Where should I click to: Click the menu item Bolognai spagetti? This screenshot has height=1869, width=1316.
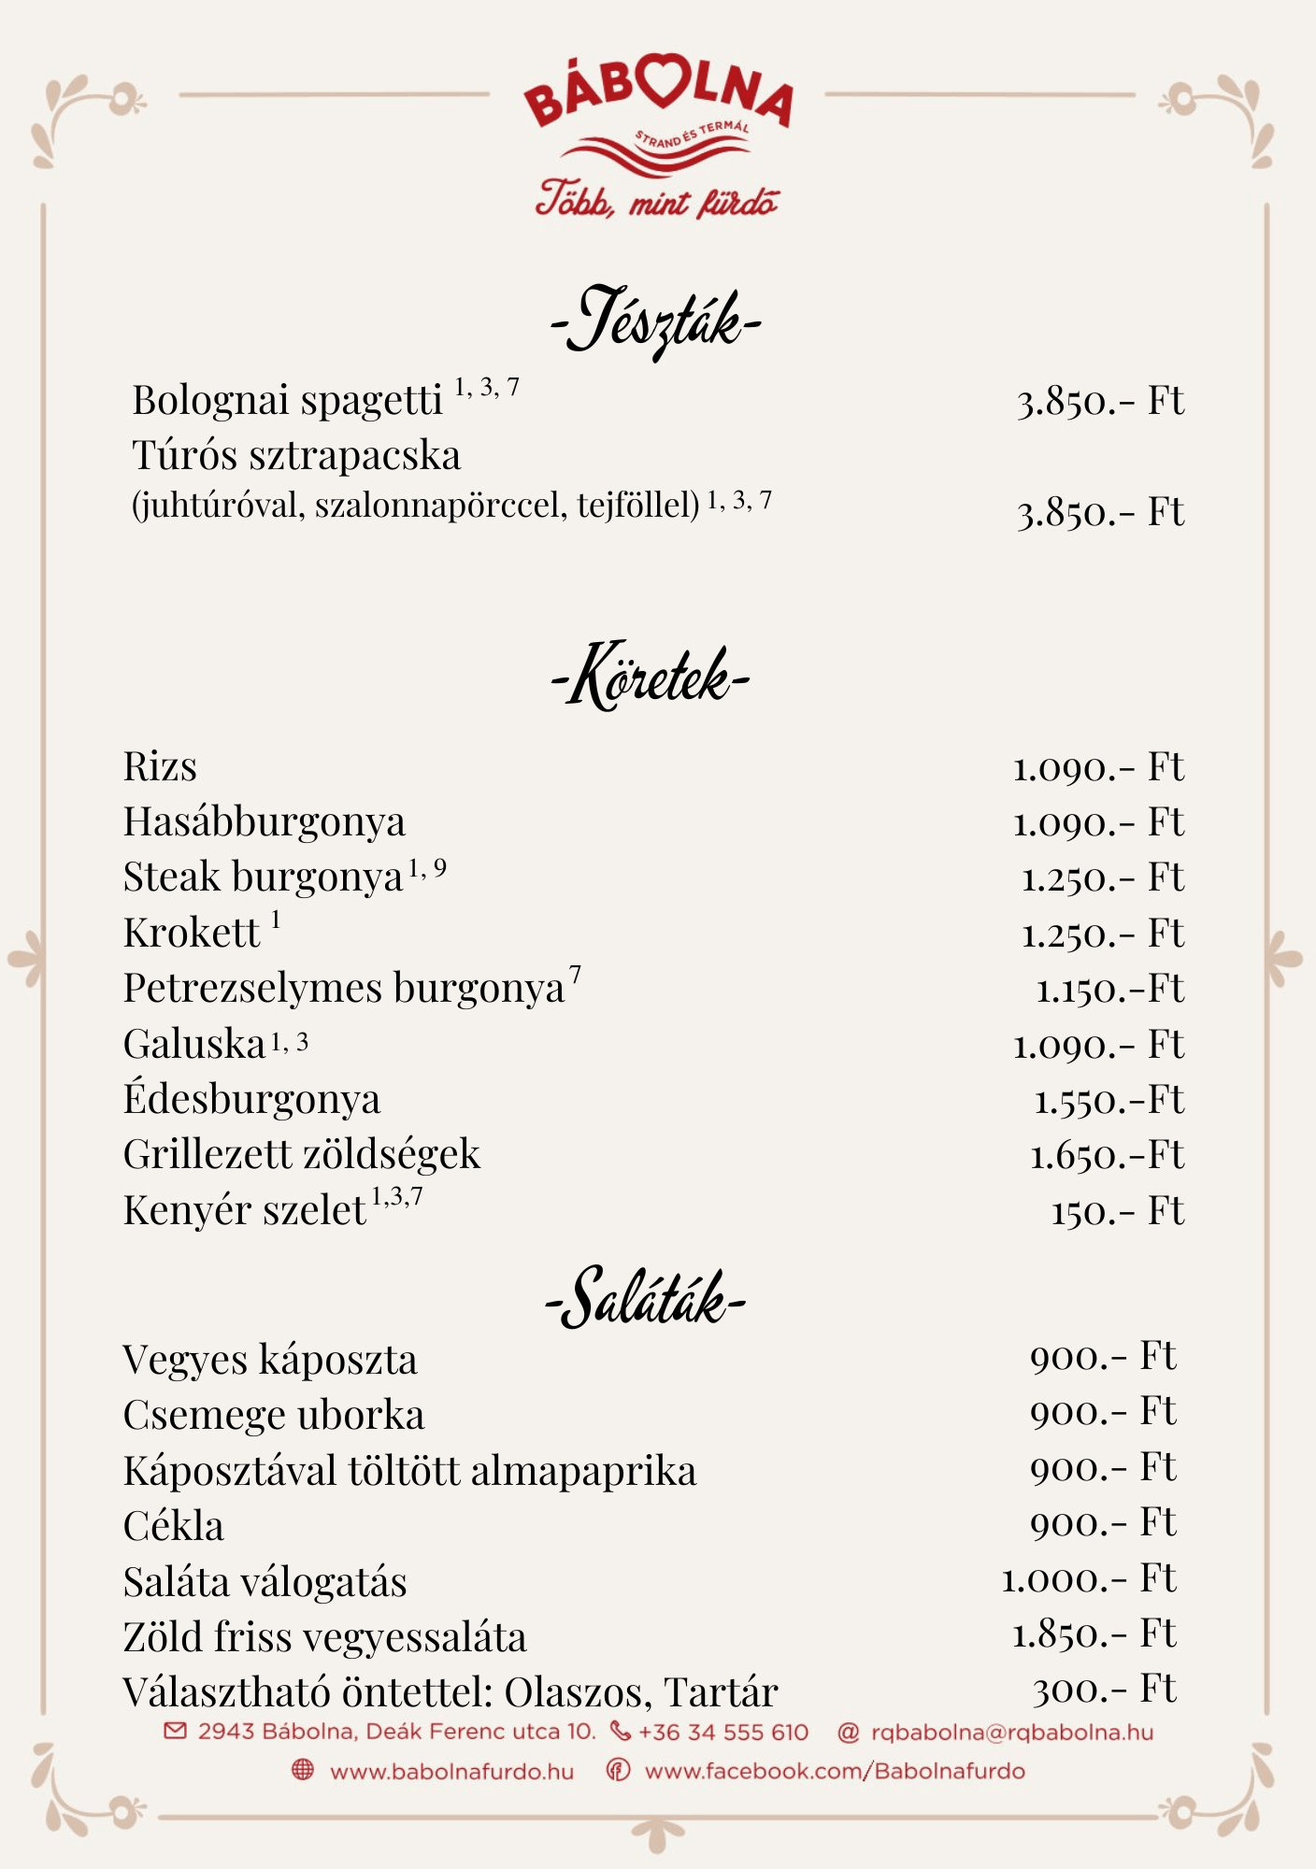(288, 400)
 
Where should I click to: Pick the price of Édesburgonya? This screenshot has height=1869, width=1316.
(1109, 1101)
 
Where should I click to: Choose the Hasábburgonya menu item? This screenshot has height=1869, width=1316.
(265, 822)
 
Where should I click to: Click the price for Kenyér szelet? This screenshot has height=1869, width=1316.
(1118, 1212)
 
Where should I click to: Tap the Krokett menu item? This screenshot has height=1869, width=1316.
(193, 934)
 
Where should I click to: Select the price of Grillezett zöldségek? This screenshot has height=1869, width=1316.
(1107, 1156)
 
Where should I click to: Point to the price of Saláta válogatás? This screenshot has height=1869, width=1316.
(1089, 1579)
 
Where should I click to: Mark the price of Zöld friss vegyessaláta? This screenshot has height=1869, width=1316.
(1094, 1634)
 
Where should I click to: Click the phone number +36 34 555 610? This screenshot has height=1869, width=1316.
(722, 1732)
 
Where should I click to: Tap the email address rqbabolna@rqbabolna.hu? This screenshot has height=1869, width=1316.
(1011, 1732)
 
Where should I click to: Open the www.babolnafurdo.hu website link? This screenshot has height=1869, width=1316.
(451, 1771)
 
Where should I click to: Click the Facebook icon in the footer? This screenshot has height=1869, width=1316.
(618, 1770)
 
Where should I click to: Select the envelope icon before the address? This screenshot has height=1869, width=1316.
(175, 1731)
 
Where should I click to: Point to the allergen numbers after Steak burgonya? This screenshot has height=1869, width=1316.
(427, 869)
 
